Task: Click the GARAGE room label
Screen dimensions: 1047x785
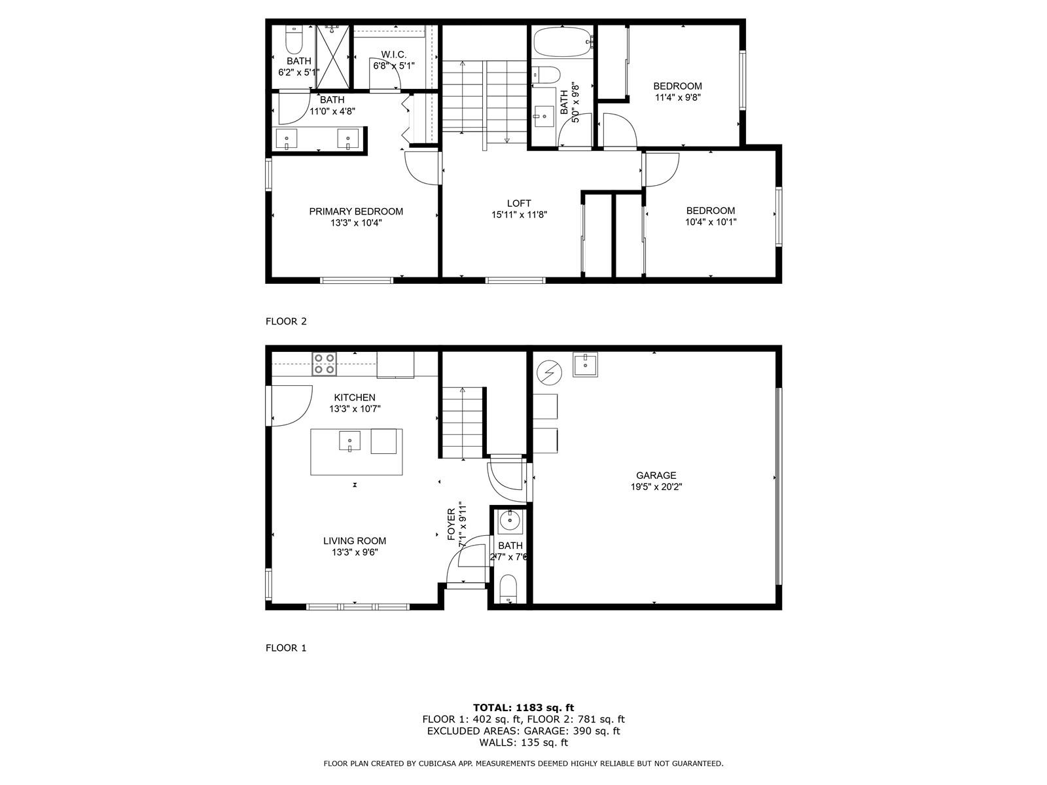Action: click(x=656, y=475)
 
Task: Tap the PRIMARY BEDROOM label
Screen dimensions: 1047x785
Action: click(x=356, y=211)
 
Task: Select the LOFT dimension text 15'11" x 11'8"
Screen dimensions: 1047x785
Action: click(x=519, y=215)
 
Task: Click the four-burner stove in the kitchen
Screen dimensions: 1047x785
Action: click(x=324, y=364)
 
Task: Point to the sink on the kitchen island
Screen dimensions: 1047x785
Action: click(x=349, y=441)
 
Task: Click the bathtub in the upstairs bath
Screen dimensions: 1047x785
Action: click(x=563, y=42)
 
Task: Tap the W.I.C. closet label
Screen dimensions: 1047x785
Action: click(x=393, y=54)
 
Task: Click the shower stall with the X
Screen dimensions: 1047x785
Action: click(x=334, y=57)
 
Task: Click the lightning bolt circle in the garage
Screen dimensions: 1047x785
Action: click(x=548, y=373)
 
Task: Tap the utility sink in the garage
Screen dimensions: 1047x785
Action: click(x=585, y=364)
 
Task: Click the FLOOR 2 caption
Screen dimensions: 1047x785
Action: click(x=286, y=321)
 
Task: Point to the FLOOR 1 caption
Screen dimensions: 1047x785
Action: click(x=286, y=648)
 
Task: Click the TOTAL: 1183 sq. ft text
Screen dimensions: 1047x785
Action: click(x=523, y=708)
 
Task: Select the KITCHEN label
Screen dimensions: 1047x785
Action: click(x=355, y=398)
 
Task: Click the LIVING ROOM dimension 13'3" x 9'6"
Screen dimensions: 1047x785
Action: click(x=355, y=552)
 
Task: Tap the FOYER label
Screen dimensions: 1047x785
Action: click(x=452, y=524)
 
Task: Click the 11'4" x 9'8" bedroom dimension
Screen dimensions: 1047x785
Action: click(x=677, y=97)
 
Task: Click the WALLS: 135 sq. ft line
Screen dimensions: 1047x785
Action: click(x=523, y=742)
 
